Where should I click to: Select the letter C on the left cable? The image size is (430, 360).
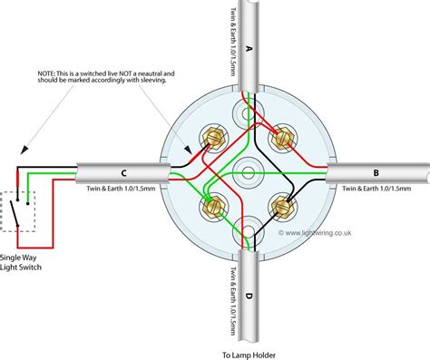click(x=122, y=172)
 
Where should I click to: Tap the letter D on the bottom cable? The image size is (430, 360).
click(x=249, y=296)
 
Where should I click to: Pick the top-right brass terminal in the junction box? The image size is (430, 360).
click(x=281, y=139)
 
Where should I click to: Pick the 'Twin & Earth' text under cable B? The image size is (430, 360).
click(x=375, y=190)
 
